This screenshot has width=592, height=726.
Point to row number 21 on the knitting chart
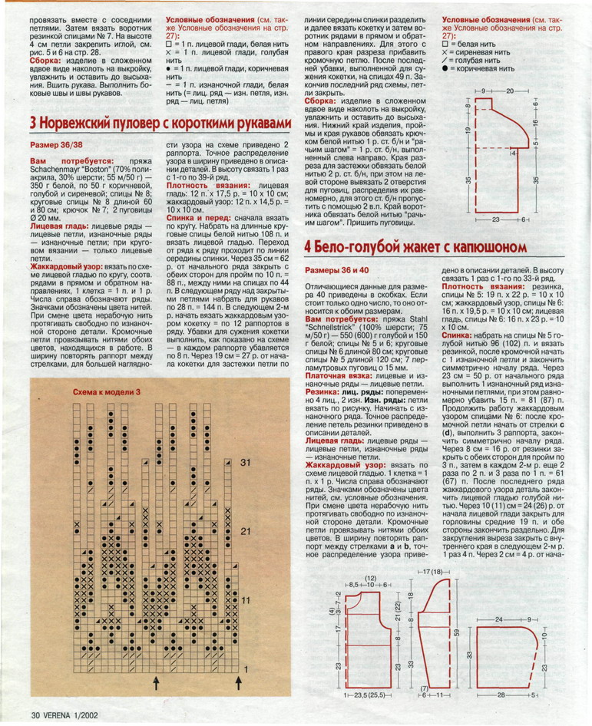pyautogui.click(x=246, y=531)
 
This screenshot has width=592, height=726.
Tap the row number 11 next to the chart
pyautogui.click(x=246, y=599)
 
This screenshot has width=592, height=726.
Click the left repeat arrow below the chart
pyautogui.click(x=156, y=682)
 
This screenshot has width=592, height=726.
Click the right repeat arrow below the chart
pyautogui.click(x=238, y=682)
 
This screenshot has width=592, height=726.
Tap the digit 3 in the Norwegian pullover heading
pyautogui.click(x=35, y=124)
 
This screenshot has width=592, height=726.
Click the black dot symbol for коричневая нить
pyautogui.click(x=446, y=69)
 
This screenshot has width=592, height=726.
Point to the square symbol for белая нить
pyautogui.click(x=446, y=44)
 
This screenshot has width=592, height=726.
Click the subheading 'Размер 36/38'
pyautogui.click(x=58, y=144)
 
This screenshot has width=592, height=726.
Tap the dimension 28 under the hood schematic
pyautogui.click(x=500, y=695)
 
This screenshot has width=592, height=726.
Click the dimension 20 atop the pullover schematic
pyautogui.click(x=510, y=91)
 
